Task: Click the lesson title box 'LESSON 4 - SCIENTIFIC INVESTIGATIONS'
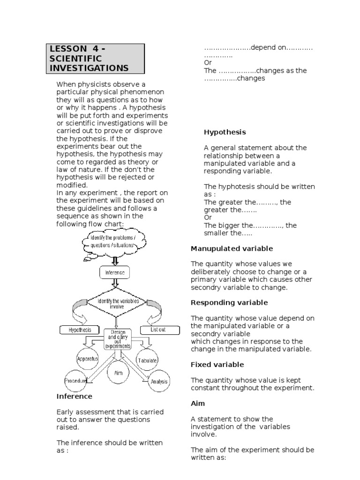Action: (x=96, y=59)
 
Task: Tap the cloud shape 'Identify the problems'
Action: (x=111, y=242)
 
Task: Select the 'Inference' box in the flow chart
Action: (x=114, y=272)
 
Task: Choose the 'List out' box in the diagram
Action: (x=158, y=330)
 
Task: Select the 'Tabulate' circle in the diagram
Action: (x=147, y=360)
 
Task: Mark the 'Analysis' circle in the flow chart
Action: (x=159, y=381)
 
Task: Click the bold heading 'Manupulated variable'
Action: (x=232, y=248)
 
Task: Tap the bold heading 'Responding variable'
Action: (x=229, y=302)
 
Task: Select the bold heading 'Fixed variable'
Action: (x=217, y=364)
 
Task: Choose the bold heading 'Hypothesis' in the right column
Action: (x=225, y=132)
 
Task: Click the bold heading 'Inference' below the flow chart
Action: (x=75, y=396)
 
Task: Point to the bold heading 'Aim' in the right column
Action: (x=198, y=403)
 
